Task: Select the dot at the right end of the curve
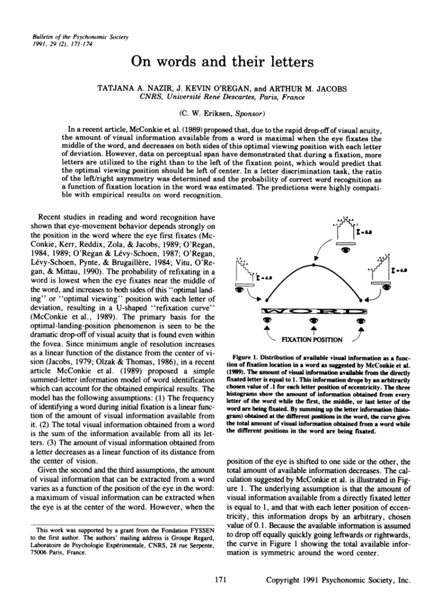361,300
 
